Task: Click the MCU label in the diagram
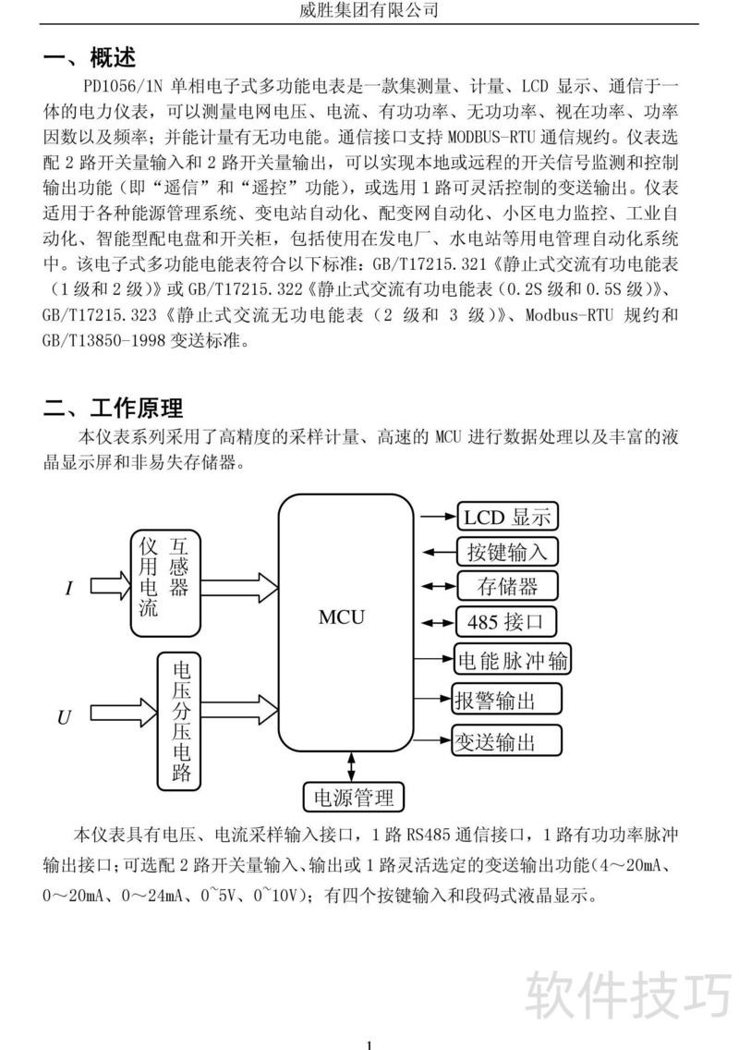(x=342, y=617)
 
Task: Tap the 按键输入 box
(x=508, y=552)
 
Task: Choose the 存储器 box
(x=507, y=586)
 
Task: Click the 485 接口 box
(x=507, y=621)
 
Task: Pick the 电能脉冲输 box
(x=513, y=661)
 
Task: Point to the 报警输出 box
(x=506, y=700)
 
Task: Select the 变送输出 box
(x=506, y=739)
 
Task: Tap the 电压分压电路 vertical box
(x=181, y=721)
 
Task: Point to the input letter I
(x=69, y=588)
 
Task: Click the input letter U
(x=64, y=716)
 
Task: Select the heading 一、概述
(x=90, y=57)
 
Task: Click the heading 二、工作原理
(x=114, y=407)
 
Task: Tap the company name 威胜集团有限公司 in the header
(x=369, y=10)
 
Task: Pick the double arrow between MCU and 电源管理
(x=352, y=766)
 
